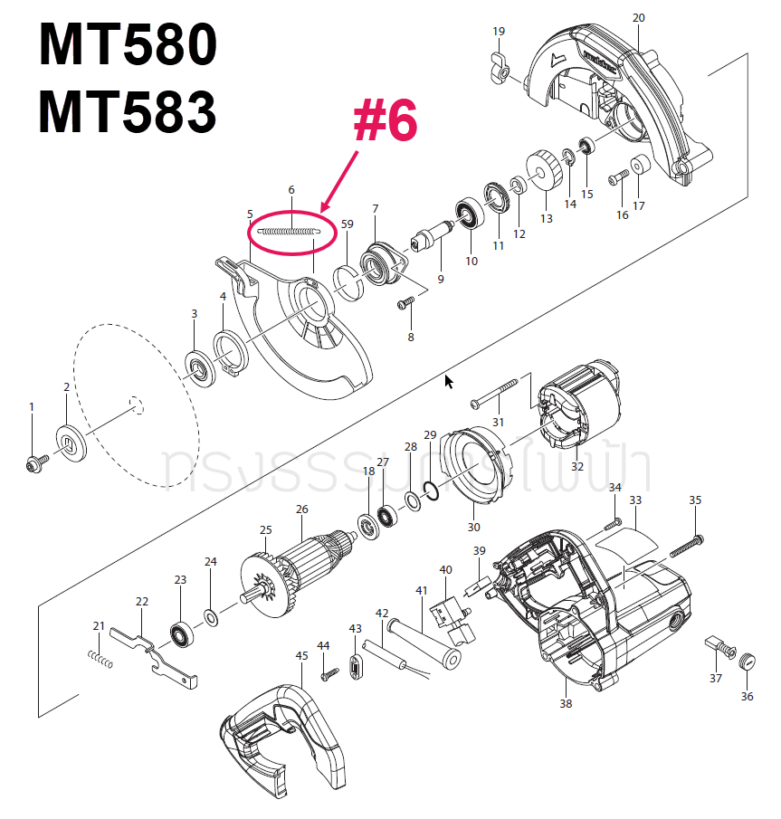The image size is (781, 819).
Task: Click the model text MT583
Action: click(128, 111)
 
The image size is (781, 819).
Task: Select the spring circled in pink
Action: click(289, 232)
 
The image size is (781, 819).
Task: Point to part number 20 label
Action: click(639, 18)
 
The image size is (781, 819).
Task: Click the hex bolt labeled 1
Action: click(33, 464)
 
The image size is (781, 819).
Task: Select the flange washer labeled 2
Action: click(68, 441)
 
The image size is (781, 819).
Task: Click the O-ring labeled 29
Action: click(432, 491)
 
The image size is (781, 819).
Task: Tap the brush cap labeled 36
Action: click(747, 663)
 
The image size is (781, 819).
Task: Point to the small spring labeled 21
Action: click(100, 660)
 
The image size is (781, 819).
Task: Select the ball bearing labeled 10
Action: click(471, 214)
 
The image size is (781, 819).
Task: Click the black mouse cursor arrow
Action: click(448, 381)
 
